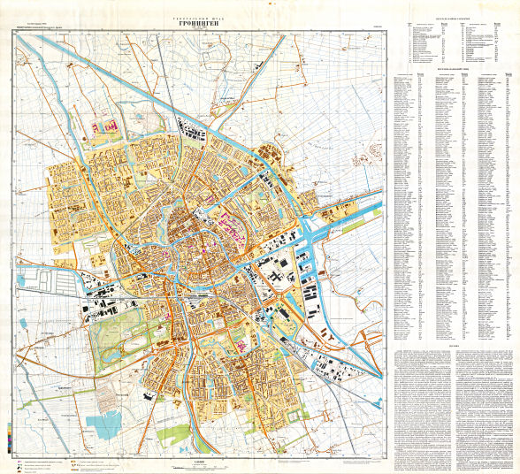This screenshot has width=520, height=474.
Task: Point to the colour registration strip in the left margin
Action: (9, 433)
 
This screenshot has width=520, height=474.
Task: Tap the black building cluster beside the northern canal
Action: (196, 135)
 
